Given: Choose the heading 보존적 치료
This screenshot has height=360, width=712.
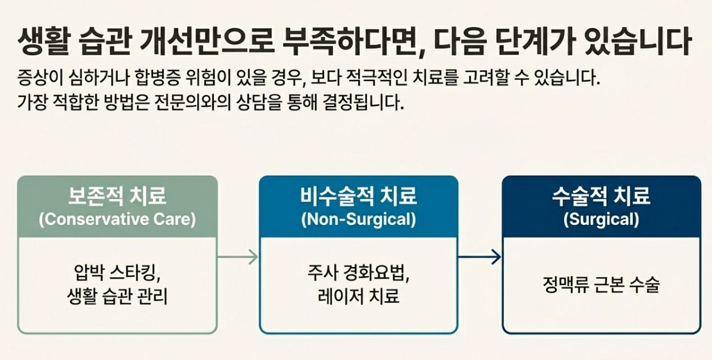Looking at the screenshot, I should pyautogui.click(x=117, y=196).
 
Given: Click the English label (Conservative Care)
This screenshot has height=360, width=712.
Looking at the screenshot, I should pyautogui.click(x=117, y=219).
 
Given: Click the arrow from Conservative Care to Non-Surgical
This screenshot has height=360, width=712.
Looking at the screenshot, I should pyautogui.click(x=238, y=257).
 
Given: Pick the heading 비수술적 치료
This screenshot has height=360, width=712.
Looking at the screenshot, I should pyautogui.click(x=358, y=196).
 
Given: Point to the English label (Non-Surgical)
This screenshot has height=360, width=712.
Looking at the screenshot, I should pyautogui.click(x=358, y=219).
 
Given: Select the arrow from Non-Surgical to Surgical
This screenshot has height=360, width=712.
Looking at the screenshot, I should pyautogui.click(x=480, y=257).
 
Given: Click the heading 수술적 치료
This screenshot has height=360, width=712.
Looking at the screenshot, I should pyautogui.click(x=601, y=196).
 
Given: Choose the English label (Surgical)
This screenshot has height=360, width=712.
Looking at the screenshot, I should pyautogui.click(x=601, y=219).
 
